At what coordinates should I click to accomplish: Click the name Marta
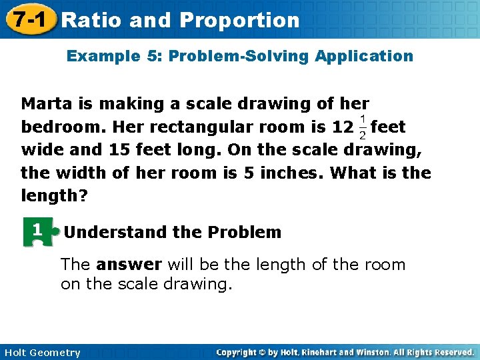coord(47,103)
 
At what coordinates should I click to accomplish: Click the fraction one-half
coord(362,127)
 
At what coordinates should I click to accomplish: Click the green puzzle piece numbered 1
coord(38,232)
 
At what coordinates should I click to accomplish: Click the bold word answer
coord(129,265)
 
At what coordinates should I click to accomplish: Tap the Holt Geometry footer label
coord(41,353)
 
